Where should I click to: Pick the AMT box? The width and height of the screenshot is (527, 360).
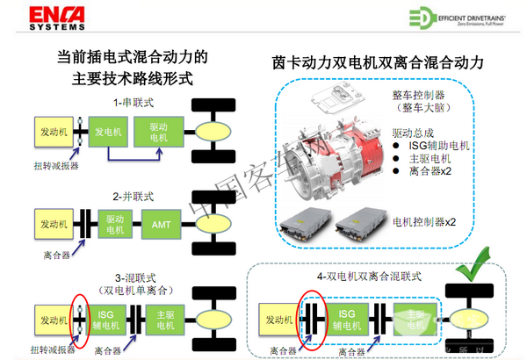(161, 224)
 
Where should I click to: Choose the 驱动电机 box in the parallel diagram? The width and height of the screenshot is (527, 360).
(113, 224)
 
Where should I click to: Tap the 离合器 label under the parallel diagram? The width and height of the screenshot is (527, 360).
(52, 255)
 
